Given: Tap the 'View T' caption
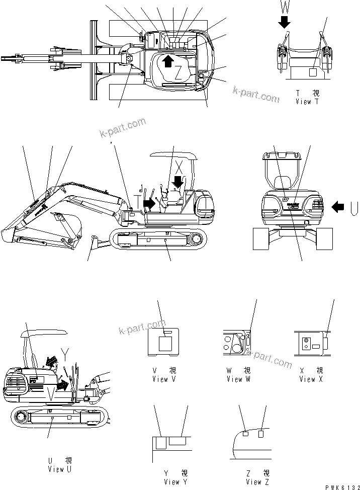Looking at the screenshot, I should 307,101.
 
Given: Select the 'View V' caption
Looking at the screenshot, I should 164,379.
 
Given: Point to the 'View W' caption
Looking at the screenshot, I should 238,379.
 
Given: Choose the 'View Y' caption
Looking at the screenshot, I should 171,481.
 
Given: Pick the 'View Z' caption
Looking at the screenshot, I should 253,481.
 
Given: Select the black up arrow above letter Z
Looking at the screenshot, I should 168,60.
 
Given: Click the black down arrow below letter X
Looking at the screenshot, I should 177,181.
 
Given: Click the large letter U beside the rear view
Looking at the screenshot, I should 354,206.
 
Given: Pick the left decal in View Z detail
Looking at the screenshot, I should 246,433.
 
